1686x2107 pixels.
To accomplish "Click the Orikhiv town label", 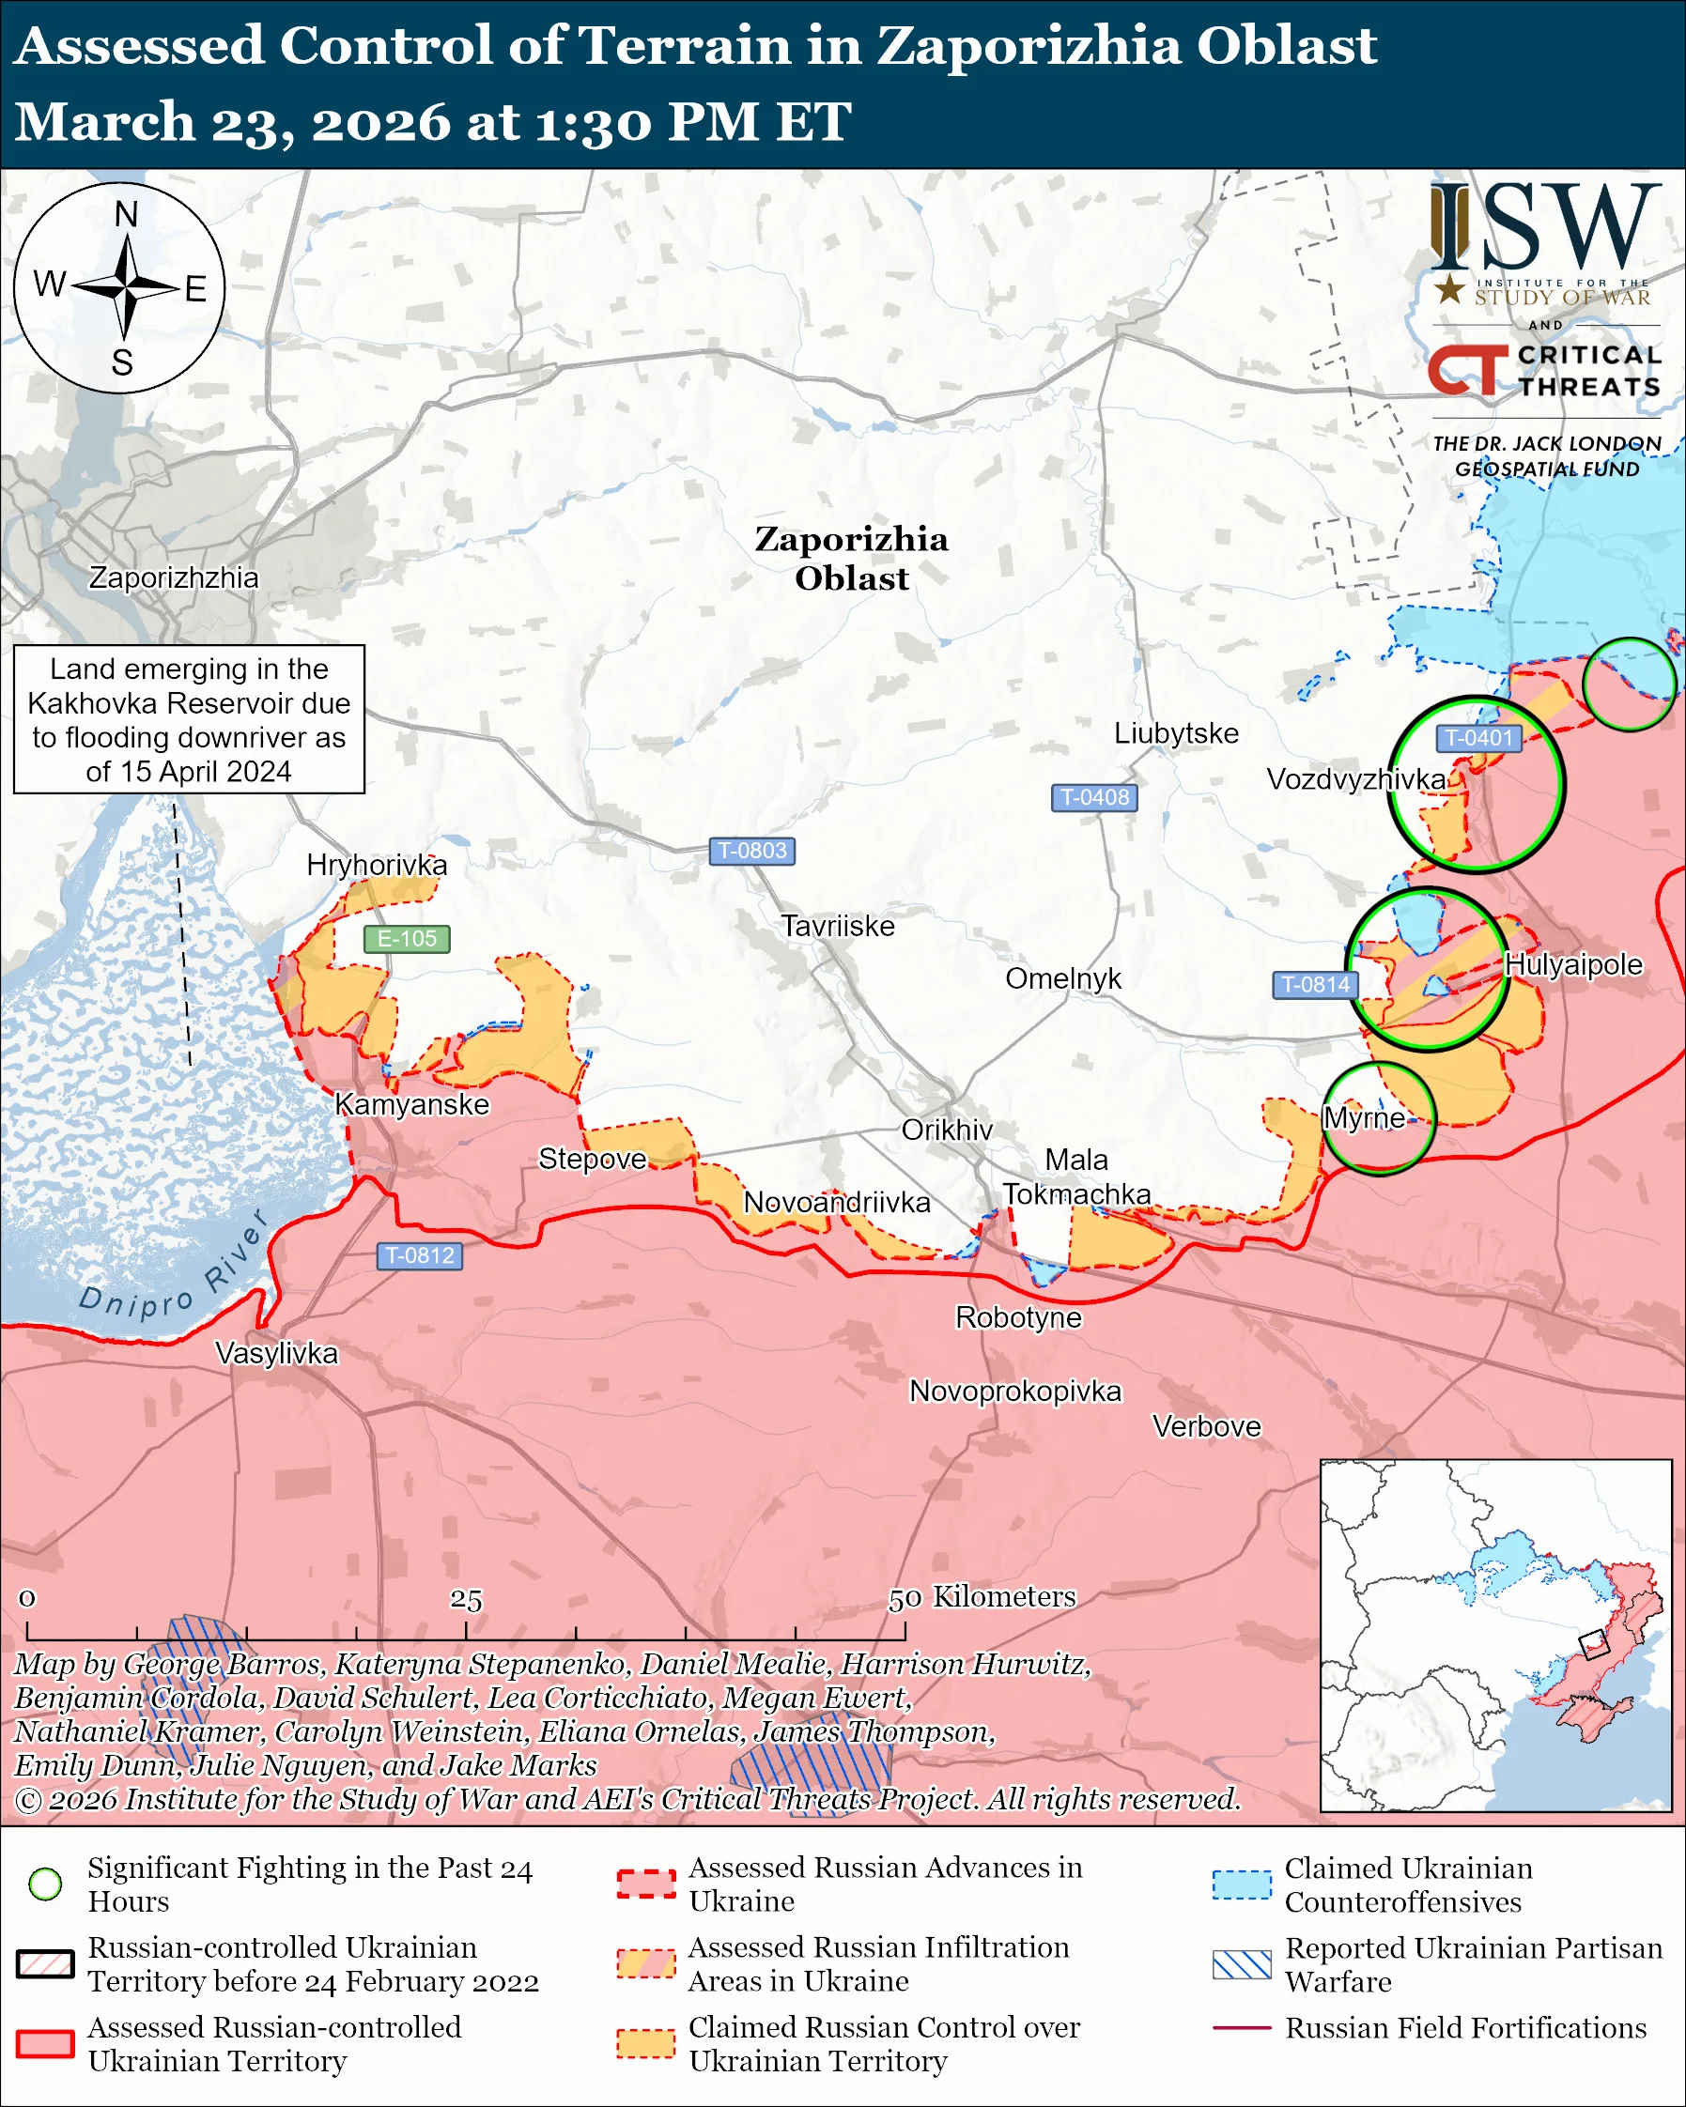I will pos(946,1130).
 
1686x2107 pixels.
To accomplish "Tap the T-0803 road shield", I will pos(751,851).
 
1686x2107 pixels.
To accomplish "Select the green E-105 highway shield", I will pos(407,938).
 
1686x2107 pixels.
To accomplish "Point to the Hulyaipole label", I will pos(1572,964).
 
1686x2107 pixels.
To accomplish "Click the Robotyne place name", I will pos(1018,1317).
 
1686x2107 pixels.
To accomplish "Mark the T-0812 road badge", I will pos(419,1255).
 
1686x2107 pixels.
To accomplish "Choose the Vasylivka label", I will pos(276,1354).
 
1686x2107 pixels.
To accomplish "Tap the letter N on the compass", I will pos(126,214).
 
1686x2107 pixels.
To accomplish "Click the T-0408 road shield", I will pos(1093,797).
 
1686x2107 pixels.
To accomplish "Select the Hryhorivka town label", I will pos(377,865).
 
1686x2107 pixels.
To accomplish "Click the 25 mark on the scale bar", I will pos(466,1600).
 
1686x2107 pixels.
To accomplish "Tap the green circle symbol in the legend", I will pos(46,1884).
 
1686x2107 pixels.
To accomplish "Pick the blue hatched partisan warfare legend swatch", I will pos(1242,1964).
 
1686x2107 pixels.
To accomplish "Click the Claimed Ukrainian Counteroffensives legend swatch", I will pos(1242,1884).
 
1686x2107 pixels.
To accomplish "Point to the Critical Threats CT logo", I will pos(1468,369).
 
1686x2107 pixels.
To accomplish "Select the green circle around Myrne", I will pos(1379,1118).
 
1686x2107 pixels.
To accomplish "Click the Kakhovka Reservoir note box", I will pos(189,719).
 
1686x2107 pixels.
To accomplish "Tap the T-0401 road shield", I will pos(1478,738).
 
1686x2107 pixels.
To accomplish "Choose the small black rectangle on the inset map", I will pos(1593,1645).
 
